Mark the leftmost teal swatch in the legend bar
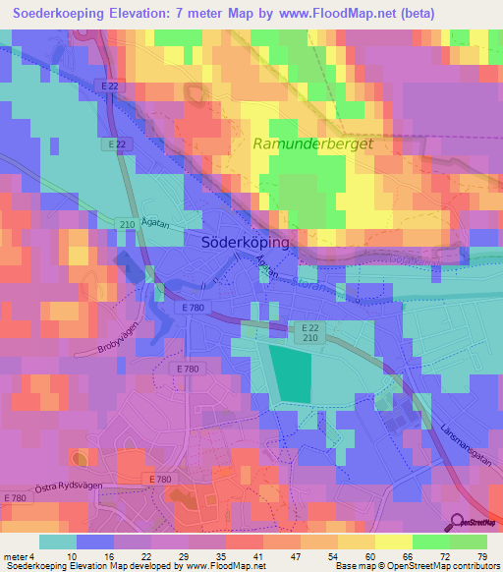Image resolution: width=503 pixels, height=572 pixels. point(58,542)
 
